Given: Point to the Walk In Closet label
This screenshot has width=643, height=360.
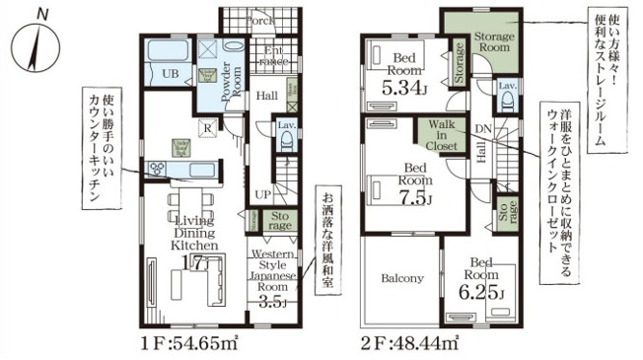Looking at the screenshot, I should pos(440,136).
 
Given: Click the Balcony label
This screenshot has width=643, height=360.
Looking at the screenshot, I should pos(401,278).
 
